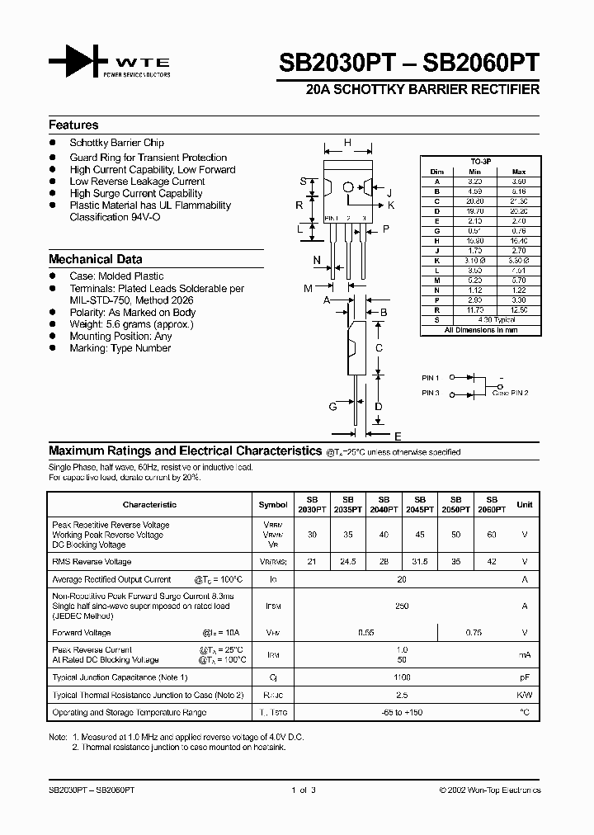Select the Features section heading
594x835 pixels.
click(73, 125)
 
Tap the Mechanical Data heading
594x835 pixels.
click(95, 259)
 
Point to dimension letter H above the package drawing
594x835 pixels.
click(347, 143)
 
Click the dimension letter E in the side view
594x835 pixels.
click(398, 436)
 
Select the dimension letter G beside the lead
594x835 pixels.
click(332, 407)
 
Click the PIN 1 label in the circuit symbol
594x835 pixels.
click(431, 378)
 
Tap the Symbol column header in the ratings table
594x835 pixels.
click(273, 504)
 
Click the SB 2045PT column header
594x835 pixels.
click(419, 504)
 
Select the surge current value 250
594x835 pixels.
click(402, 606)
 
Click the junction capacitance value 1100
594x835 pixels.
click(402, 677)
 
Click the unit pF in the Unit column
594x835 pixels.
click(525, 677)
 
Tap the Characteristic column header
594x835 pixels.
click(149, 504)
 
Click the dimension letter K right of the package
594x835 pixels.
click(391, 205)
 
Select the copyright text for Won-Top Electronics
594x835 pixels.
click(489, 790)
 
